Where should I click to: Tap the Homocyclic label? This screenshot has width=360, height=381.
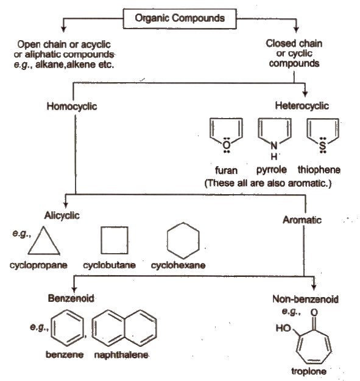[x=72, y=107]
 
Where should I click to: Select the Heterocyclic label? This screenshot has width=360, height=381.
[x=302, y=106]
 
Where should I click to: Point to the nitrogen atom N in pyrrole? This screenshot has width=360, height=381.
[x=274, y=145]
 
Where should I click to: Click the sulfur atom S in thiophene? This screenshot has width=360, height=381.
[x=323, y=145]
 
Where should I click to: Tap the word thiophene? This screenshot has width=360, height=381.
[x=319, y=170]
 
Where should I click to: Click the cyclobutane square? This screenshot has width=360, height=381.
[x=102, y=240]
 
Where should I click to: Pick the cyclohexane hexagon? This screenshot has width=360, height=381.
[x=168, y=240]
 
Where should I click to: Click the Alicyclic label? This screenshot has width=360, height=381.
[x=62, y=215]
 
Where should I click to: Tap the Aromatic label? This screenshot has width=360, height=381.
[x=302, y=220]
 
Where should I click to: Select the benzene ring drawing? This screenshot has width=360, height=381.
[x=52, y=328]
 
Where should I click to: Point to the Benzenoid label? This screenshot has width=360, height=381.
[x=71, y=298]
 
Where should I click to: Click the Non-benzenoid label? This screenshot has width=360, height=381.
[x=305, y=299]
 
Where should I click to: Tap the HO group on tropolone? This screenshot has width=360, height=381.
[x=283, y=328]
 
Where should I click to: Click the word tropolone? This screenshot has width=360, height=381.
[x=309, y=371]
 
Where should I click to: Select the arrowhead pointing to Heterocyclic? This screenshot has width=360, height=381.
[x=305, y=93]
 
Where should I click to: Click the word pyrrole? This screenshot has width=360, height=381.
[x=272, y=170]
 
